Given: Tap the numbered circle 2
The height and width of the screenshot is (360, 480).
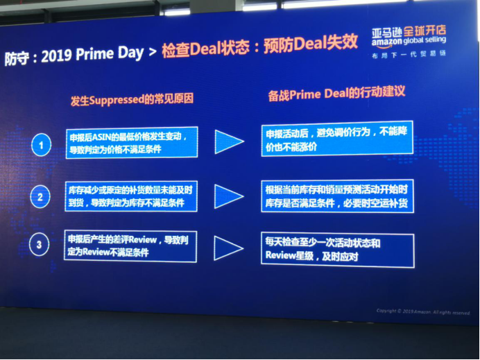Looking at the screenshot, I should (x=41, y=197).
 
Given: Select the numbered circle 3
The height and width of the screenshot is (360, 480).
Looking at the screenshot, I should (x=41, y=244).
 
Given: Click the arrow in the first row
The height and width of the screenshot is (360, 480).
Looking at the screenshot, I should (x=229, y=142).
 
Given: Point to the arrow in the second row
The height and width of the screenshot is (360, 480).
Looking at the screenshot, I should (x=229, y=196).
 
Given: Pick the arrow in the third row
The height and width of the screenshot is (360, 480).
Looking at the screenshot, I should (x=228, y=247).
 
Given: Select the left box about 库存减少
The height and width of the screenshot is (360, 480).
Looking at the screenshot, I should (x=131, y=196).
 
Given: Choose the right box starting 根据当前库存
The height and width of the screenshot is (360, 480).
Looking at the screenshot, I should (x=337, y=195).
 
